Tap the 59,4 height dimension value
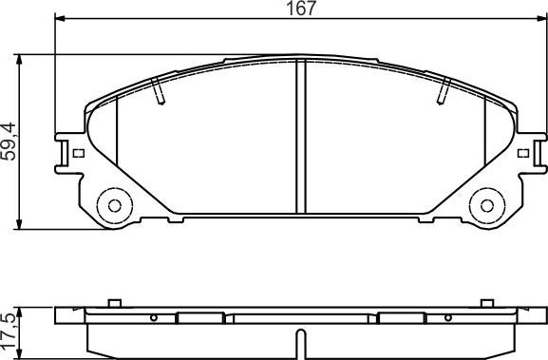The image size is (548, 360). [10, 141]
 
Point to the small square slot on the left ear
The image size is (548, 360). [78, 152]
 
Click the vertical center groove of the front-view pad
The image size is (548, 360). [300, 138]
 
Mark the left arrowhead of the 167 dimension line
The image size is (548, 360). [59, 19]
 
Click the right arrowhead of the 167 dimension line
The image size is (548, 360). [541, 19]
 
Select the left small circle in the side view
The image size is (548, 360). [153, 318]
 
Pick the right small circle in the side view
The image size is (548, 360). [449, 318]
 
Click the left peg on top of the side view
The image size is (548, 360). [112, 304]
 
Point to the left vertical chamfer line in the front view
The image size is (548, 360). [116, 142]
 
